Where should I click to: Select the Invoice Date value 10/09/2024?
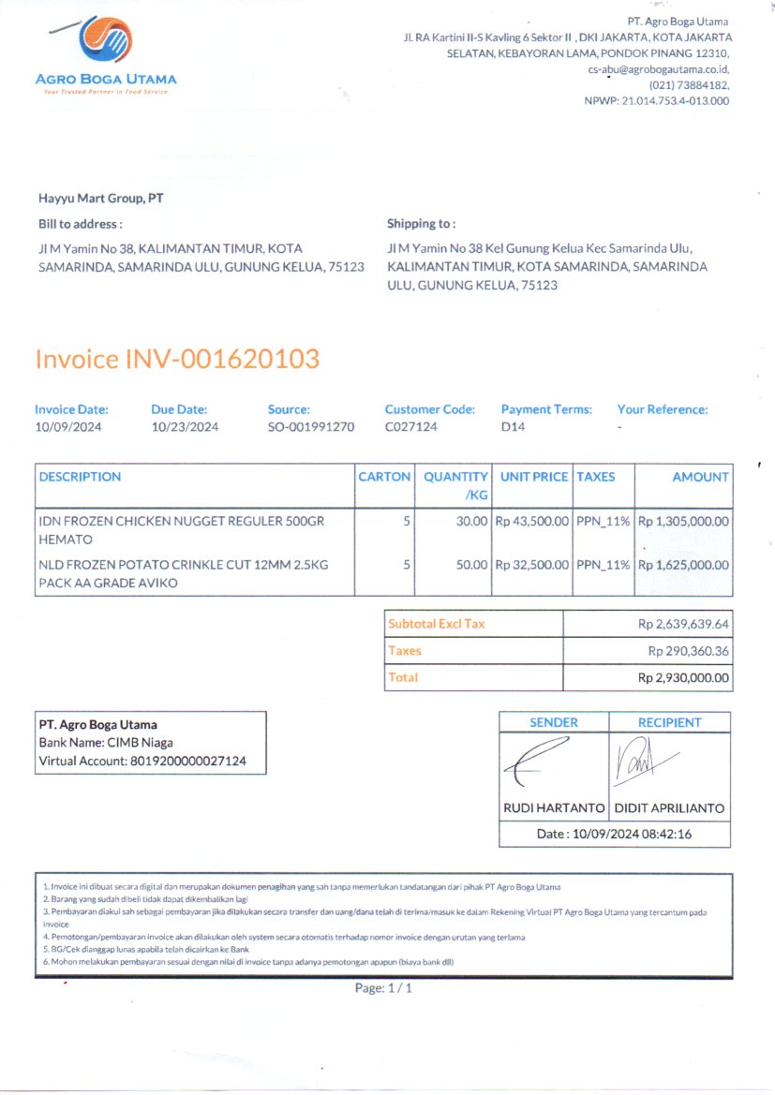pyautogui.click(x=68, y=427)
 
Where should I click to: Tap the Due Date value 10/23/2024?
pyautogui.click(x=185, y=427)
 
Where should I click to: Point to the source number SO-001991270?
pyautogui.click(x=311, y=427)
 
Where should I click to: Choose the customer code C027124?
pyautogui.click(x=411, y=427)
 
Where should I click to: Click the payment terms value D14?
pyautogui.click(x=513, y=427)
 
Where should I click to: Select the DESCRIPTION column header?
pyautogui.click(x=80, y=477)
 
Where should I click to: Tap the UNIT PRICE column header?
pyautogui.click(x=534, y=477)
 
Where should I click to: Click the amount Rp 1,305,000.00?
pyautogui.click(x=683, y=521)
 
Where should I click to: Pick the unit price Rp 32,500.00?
pyautogui.click(x=532, y=565)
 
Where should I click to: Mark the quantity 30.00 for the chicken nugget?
pyautogui.click(x=471, y=521)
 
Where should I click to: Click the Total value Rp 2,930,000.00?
pyautogui.click(x=683, y=677)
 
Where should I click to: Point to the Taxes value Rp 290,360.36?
pyautogui.click(x=689, y=650)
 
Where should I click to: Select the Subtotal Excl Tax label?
pyautogui.click(x=437, y=624)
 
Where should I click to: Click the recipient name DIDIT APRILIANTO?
pyautogui.click(x=669, y=808)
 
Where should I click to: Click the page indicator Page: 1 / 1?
pyautogui.click(x=383, y=988)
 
